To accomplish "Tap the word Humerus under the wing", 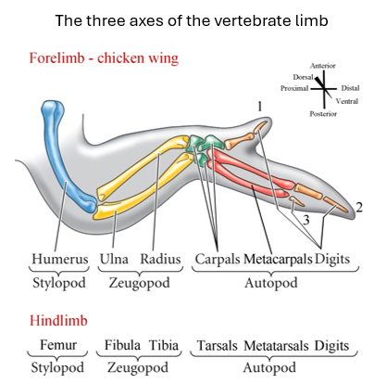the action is pos(60,259).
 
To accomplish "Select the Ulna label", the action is pos(114,259).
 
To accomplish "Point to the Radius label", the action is pos(160,259).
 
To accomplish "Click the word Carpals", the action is pos(218,259).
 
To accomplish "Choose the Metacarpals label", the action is pos(278,259).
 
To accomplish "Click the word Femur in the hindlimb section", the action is pos(58,344).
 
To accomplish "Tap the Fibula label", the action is pos(122,345).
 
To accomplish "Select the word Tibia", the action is pos(164,345).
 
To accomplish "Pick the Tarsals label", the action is pos(218,345).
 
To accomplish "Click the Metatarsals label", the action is pos(276,345).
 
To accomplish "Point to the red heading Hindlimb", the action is pos(58,320).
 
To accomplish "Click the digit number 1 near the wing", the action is pos(259,107).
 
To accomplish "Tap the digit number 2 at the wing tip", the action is pos(359,208).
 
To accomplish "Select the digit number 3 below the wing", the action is pos(306,220).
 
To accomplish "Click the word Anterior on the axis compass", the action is pos(323,66).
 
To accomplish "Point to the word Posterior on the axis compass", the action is pos(323,114).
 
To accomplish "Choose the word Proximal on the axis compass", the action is pos(294,88).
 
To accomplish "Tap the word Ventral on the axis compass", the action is pos(347,101).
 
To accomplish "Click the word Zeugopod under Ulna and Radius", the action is pos(139,283).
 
